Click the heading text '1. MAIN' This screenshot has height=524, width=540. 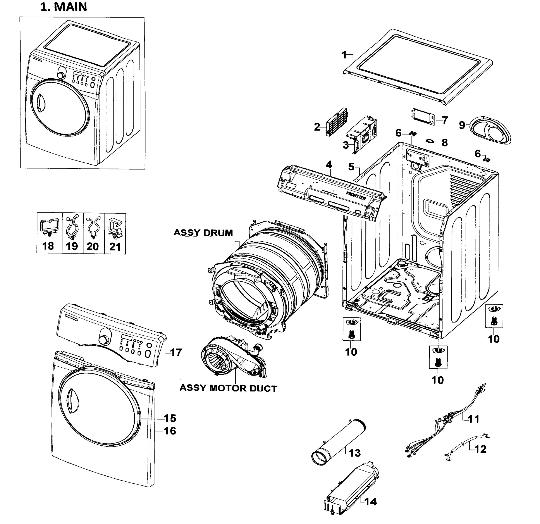(64, 7)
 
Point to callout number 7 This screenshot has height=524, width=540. (445, 120)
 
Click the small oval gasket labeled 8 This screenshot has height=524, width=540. (430, 141)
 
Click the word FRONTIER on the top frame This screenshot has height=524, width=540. (356, 196)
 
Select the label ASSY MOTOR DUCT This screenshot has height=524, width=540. (228, 388)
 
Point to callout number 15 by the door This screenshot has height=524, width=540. (170, 418)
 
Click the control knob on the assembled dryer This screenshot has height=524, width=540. (61, 75)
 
